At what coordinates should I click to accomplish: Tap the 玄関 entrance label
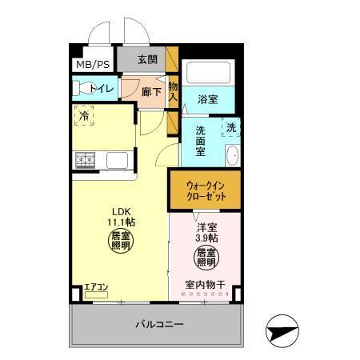[146, 59]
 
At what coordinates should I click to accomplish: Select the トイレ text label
[101, 88]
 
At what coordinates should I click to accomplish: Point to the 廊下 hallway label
[151, 91]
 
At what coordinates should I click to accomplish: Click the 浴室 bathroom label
[208, 100]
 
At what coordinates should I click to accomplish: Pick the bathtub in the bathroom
[208, 75]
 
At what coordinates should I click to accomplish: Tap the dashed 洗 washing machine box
[230, 127]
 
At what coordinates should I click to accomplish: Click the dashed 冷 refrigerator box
[84, 117]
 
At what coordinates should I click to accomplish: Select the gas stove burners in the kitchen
[86, 160]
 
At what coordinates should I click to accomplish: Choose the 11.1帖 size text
[121, 222]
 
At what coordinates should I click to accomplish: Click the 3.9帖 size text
[206, 236]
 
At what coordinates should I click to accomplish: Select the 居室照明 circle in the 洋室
[206, 258]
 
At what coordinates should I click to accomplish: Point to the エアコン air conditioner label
[96, 286]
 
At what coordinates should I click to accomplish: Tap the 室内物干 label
[206, 285]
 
